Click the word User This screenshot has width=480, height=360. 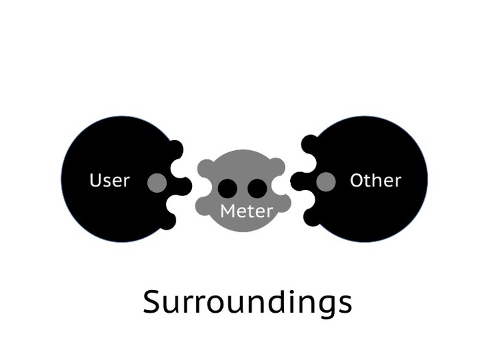(110, 181)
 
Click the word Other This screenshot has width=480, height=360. (375, 181)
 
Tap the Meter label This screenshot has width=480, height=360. (246, 211)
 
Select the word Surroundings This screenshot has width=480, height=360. (247, 302)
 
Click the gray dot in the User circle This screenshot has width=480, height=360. (157, 182)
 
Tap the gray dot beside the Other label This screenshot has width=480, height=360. (326, 181)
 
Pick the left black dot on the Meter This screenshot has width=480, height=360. (228, 189)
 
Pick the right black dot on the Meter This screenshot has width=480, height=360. (257, 189)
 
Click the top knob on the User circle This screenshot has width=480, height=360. (176, 149)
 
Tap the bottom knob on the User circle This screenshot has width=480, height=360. (169, 221)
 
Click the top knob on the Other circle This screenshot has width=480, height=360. (309, 144)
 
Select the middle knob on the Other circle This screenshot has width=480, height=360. (299, 181)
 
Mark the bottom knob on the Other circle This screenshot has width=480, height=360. (311, 217)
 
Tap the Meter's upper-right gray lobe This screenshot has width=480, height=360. (277, 167)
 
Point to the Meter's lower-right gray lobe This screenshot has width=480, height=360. (282, 204)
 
